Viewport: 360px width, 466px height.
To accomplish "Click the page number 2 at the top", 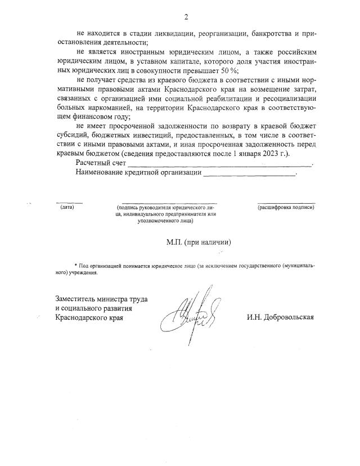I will [x=186, y=17].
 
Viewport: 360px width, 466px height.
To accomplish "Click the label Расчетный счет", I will [x=100, y=163].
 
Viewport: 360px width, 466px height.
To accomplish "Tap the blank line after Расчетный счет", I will [x=219, y=165].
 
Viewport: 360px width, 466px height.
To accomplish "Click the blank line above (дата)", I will [x=69, y=202].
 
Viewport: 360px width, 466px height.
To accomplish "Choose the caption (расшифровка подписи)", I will [x=286, y=207].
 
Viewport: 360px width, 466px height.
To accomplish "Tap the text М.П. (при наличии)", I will [x=199, y=242].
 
